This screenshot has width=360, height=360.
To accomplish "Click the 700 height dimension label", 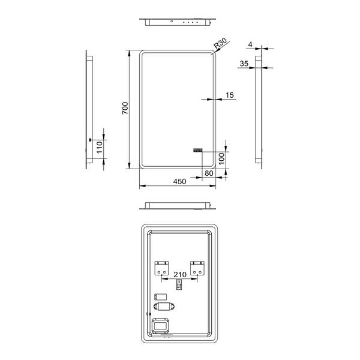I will click(125, 108).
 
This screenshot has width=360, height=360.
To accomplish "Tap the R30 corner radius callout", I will click(220, 43).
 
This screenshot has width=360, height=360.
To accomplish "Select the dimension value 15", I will click(230, 94).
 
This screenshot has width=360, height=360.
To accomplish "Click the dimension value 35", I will click(243, 62).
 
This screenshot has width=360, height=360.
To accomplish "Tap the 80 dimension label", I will click(209, 173).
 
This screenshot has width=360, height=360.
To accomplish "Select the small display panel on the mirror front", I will click(199, 151).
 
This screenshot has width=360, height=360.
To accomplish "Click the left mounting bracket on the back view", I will click(162, 268).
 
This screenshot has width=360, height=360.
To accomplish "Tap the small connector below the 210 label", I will click(178, 286).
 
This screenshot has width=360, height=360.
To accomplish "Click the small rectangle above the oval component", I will click(160, 296).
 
